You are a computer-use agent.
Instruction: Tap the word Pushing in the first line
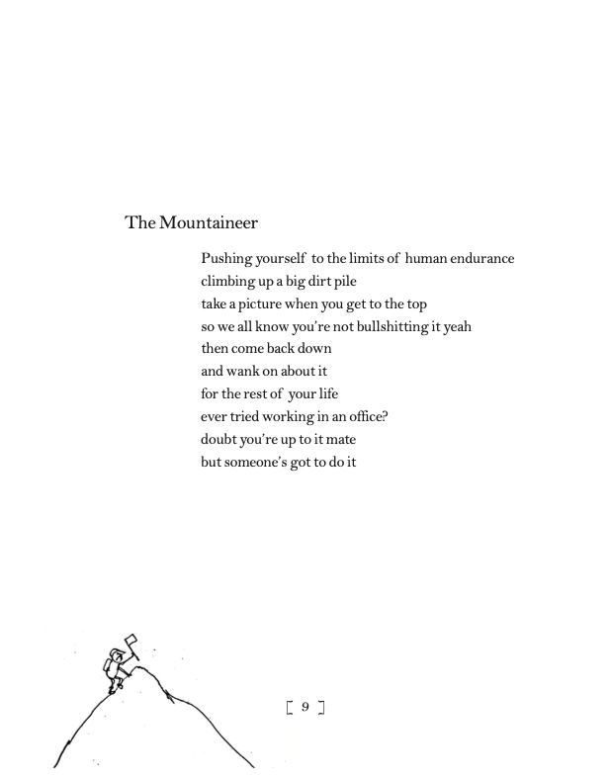tap(226, 259)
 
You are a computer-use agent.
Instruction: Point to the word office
tap(366, 416)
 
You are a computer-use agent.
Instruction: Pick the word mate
tap(339, 439)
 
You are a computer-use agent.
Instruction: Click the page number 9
tap(305, 707)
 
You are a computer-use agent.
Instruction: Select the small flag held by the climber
tap(131, 642)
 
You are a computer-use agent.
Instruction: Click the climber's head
tap(118, 654)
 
